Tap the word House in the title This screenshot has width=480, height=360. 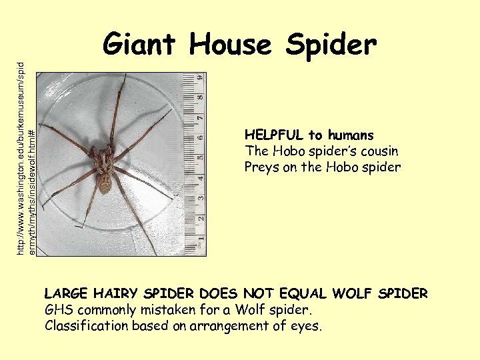231,45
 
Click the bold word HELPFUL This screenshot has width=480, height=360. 274,135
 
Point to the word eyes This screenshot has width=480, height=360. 305,326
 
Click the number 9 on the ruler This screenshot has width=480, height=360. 199,79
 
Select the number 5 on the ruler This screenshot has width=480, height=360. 199,160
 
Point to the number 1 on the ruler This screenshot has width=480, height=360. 199,241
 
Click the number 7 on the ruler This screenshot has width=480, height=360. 199,119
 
